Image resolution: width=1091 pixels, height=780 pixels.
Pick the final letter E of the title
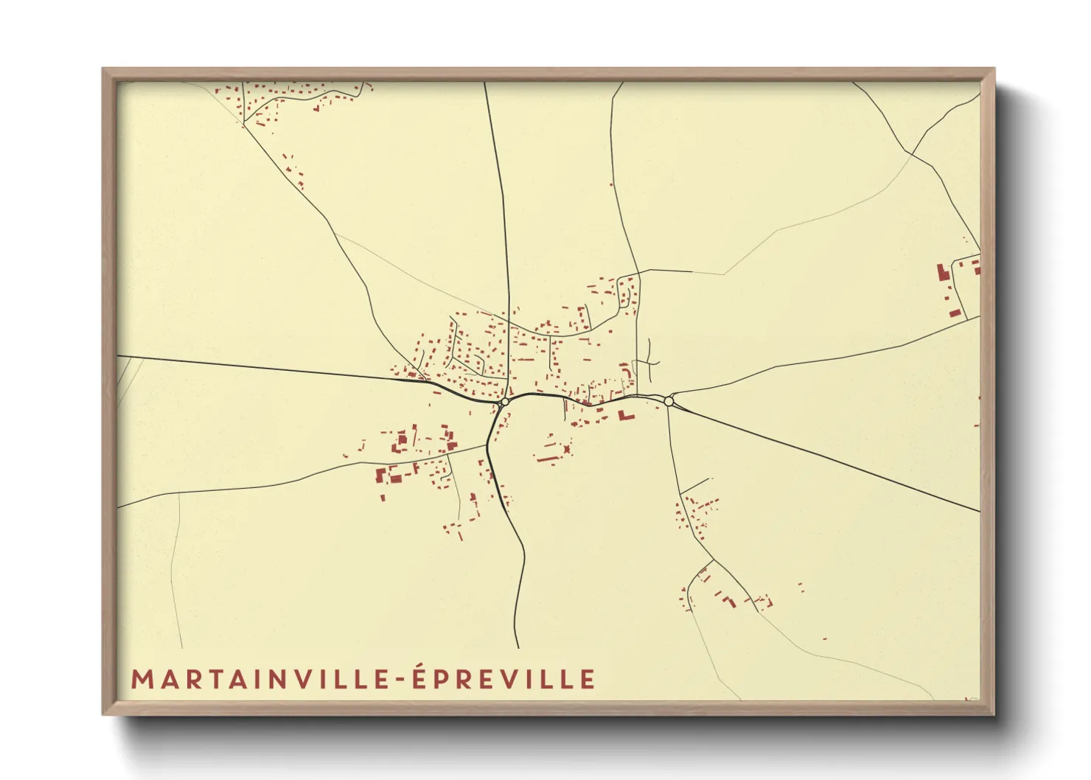click(588, 679)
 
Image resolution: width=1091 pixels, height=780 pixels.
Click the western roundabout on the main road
click(505, 403)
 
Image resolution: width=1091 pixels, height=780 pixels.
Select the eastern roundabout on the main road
click(669, 401)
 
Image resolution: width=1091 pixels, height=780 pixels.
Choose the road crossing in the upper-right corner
click(913, 154)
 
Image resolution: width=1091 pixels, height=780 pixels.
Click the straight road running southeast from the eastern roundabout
click(826, 457)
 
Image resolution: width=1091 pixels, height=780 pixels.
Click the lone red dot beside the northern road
click(611, 184)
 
